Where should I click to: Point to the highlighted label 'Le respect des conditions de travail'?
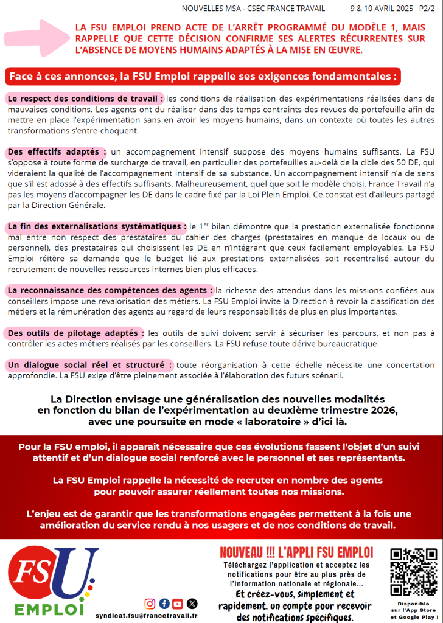(85, 99)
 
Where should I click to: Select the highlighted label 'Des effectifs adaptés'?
(57, 151)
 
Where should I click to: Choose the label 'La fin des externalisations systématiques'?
(96, 226)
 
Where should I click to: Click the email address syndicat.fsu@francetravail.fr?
(146, 616)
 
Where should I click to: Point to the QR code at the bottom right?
(414, 572)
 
